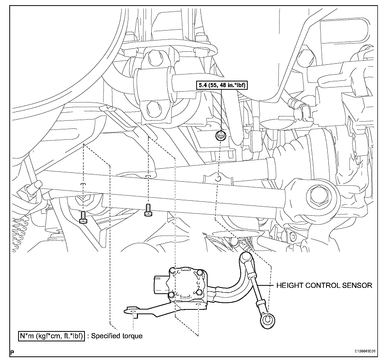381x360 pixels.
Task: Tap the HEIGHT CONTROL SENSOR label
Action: pos(324,285)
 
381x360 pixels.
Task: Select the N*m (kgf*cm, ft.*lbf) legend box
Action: pos(52,336)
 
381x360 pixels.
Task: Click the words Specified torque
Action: pos(117,336)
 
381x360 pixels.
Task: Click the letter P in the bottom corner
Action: pos(12,352)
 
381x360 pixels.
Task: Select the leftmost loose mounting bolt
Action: pos(83,217)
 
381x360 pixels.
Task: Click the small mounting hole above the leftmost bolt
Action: pos(83,184)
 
